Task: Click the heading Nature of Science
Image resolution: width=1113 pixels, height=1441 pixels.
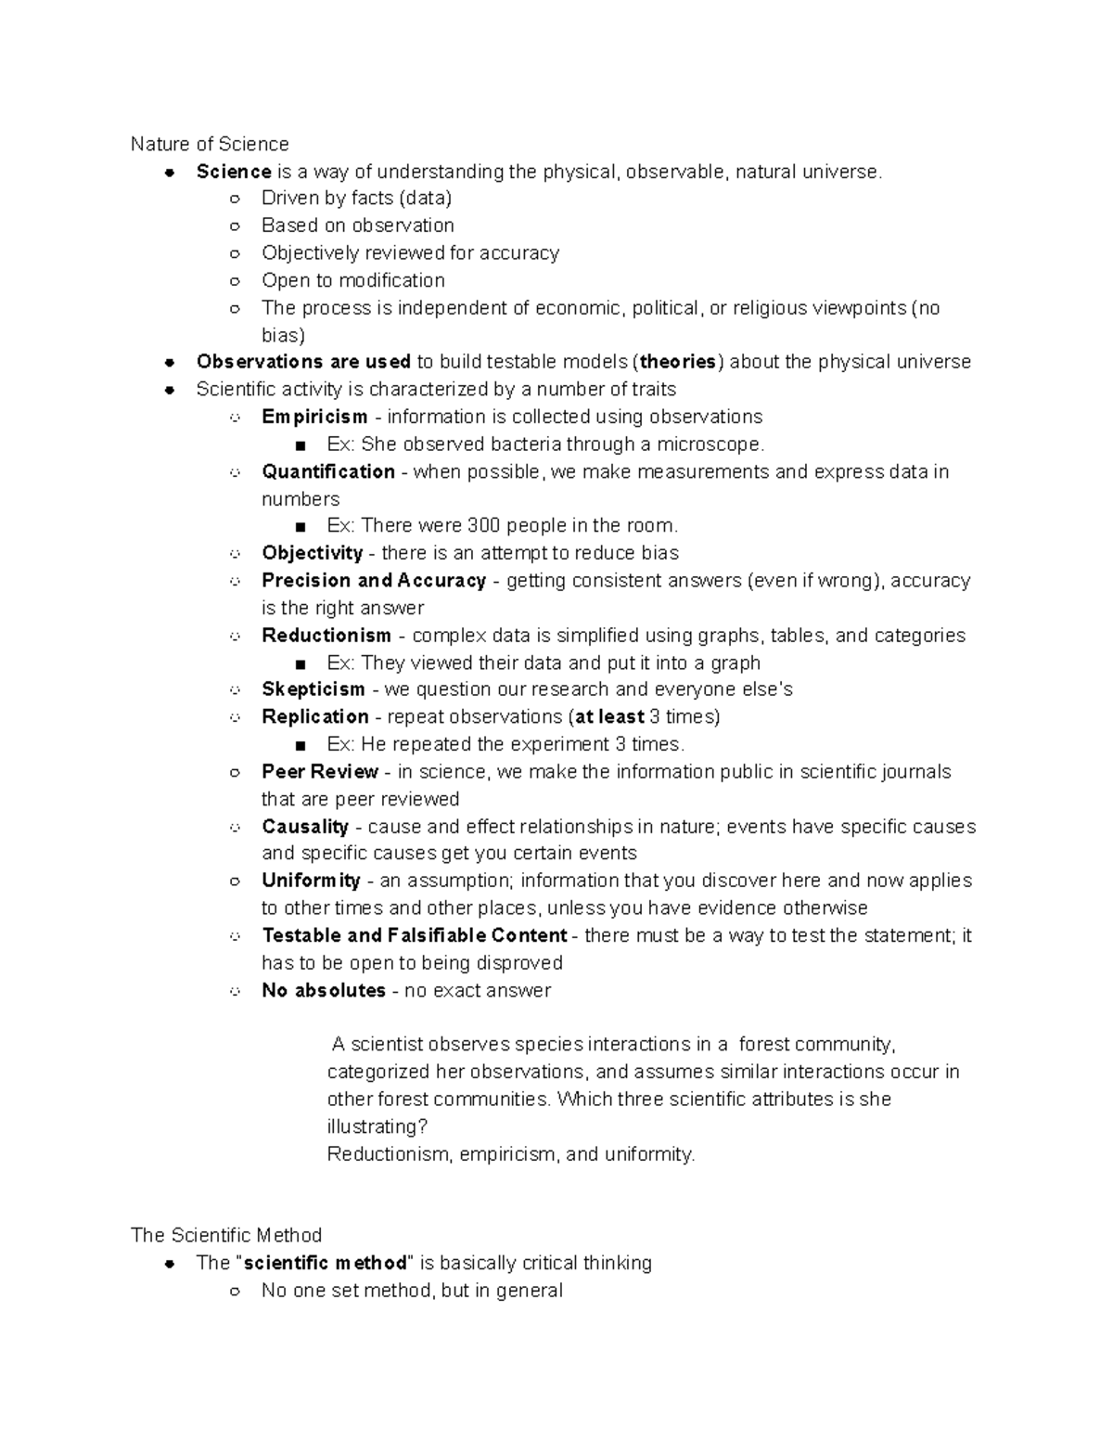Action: tap(210, 144)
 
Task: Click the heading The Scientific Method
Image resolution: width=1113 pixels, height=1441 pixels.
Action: tap(226, 1235)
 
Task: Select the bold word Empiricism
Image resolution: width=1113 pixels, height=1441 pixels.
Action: tap(314, 417)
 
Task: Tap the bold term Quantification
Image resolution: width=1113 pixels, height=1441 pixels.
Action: tap(328, 471)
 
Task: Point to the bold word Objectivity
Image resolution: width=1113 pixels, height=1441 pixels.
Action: tap(312, 553)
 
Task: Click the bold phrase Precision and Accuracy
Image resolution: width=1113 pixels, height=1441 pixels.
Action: tap(374, 581)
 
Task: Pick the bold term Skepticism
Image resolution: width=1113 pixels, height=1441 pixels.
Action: tap(313, 689)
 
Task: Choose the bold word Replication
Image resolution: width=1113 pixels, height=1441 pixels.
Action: tap(315, 716)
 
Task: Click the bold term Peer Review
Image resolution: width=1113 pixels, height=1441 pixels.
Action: tap(320, 772)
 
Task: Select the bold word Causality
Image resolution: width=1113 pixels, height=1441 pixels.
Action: tap(305, 827)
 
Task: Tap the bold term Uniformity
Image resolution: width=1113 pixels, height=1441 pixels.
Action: tap(311, 881)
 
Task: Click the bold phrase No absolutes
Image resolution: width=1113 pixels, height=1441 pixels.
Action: tap(324, 990)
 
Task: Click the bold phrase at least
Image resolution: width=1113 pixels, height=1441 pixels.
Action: tap(610, 716)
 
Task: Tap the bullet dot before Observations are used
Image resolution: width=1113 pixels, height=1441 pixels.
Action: tap(170, 362)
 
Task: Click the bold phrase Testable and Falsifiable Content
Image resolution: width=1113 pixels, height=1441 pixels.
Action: tap(415, 935)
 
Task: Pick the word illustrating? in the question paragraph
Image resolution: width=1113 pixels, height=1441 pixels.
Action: tap(377, 1126)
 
